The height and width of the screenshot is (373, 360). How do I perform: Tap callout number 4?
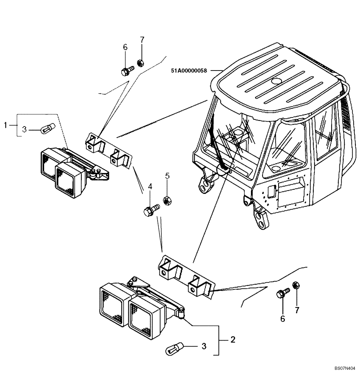point(150,186)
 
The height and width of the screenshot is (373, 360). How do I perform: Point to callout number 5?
point(167,175)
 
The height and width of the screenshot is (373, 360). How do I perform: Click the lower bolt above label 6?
point(283,293)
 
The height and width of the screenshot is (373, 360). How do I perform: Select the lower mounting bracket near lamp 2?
point(185,276)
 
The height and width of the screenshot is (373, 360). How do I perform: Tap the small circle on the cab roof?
point(277,81)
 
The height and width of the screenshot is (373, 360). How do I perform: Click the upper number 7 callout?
point(142,40)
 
